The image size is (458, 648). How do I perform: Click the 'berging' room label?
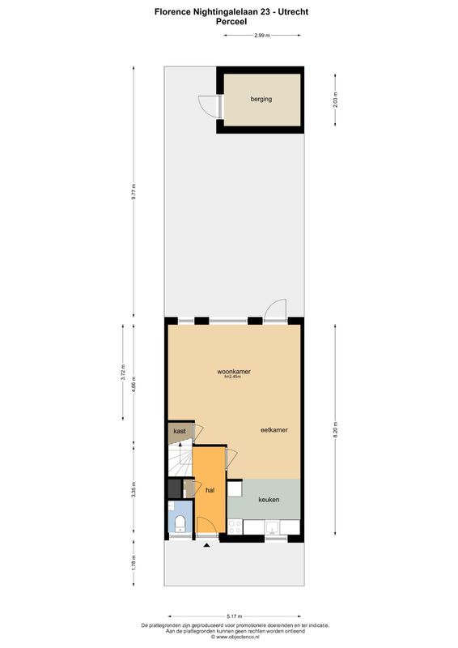pyautogui.click(x=261, y=99)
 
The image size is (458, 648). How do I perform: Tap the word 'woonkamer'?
pyautogui.click(x=234, y=372)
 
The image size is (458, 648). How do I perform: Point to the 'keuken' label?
pyautogui.click(x=269, y=500)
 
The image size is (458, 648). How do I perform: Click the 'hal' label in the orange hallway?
pyautogui.click(x=210, y=491)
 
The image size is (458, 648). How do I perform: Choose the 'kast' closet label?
pyautogui.click(x=180, y=432)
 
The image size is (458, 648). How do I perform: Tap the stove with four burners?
pyautogui.click(x=236, y=527)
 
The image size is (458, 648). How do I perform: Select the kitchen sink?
pyautogui.click(x=274, y=528)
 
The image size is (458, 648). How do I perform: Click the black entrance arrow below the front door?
pyautogui.click(x=207, y=546)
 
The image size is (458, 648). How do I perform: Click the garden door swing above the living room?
pyautogui.click(x=276, y=309)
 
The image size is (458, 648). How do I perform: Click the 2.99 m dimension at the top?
pyautogui.click(x=261, y=36)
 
